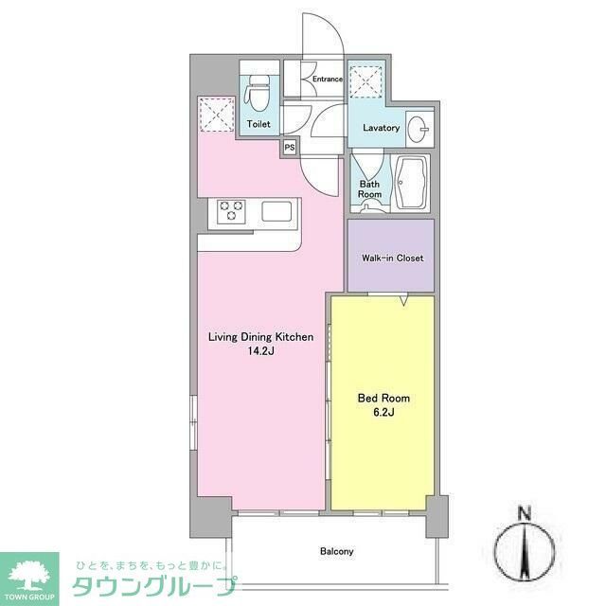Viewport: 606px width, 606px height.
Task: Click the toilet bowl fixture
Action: [x=257, y=92]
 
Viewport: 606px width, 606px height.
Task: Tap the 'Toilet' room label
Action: [x=258, y=124]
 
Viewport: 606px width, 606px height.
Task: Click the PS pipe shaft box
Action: [x=289, y=147]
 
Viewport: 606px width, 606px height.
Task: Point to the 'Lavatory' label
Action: [x=381, y=128]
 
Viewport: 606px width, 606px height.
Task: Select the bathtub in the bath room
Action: [x=412, y=184]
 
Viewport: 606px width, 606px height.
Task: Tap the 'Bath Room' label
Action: [x=369, y=188]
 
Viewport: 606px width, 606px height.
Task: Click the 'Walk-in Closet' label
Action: [x=392, y=258]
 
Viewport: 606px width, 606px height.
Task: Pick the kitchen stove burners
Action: [x=231, y=211]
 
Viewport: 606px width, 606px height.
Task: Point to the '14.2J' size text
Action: [x=260, y=351]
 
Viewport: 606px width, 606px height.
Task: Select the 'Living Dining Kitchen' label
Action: [x=260, y=337]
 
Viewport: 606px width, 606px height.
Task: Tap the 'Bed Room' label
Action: [x=383, y=399]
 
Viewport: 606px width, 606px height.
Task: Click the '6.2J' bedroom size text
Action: [x=383, y=413]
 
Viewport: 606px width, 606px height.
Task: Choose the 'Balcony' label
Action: [x=336, y=551]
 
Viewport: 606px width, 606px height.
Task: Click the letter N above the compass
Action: [x=524, y=515]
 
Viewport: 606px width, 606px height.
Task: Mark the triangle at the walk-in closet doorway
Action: [x=403, y=301]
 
